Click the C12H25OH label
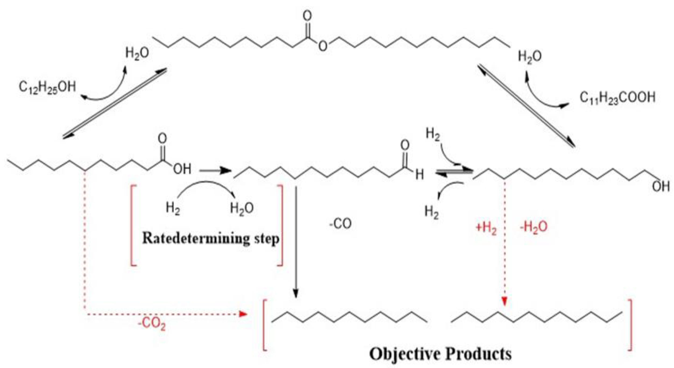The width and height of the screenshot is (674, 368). pyautogui.click(x=47, y=87)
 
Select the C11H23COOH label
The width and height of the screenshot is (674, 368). pyautogui.click(x=617, y=97)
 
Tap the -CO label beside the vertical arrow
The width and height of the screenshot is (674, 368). pyautogui.click(x=340, y=224)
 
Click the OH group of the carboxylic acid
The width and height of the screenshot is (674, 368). pyautogui.click(x=182, y=169)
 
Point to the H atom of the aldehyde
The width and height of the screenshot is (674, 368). pyautogui.click(x=420, y=175)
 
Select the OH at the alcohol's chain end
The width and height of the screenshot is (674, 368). pyautogui.click(x=661, y=186)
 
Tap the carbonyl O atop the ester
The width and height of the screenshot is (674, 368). pyautogui.click(x=307, y=16)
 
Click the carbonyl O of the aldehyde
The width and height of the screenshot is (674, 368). pyautogui.click(x=405, y=146)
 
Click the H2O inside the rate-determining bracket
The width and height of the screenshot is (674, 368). pyautogui.click(x=242, y=208)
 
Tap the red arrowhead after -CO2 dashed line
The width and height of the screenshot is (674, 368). pyautogui.click(x=243, y=314)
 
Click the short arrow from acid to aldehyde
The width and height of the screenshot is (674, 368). pyautogui.click(x=215, y=170)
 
